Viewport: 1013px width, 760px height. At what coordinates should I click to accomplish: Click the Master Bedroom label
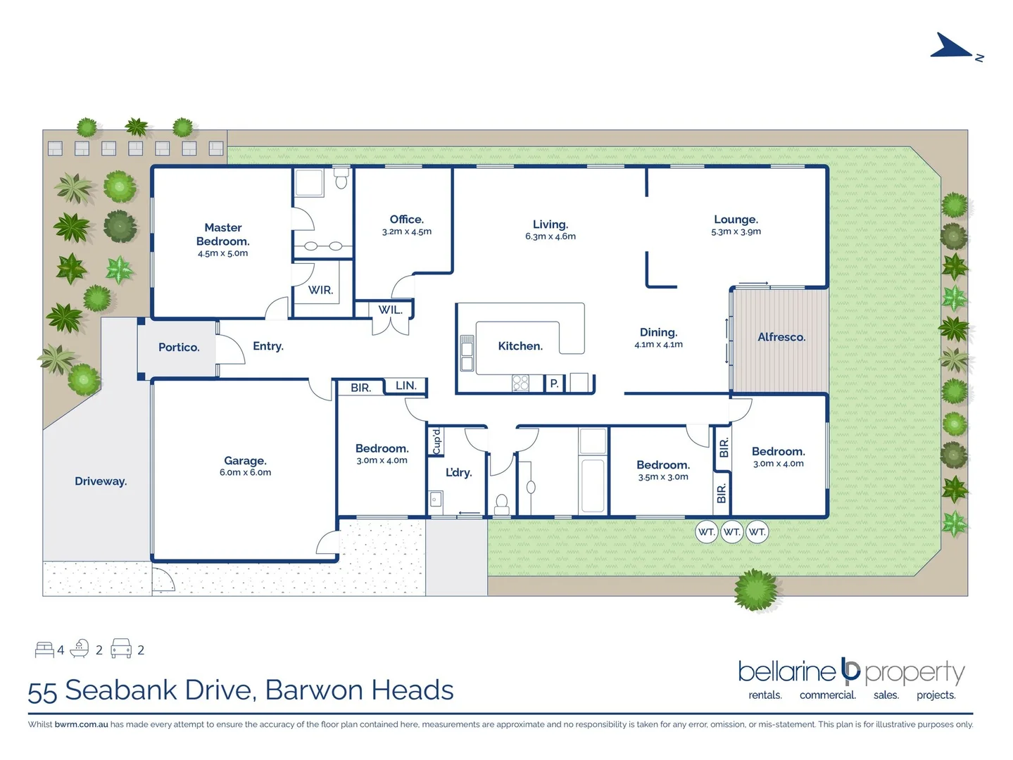coord(222,234)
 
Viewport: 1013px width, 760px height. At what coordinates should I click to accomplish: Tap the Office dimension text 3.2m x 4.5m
coord(406,232)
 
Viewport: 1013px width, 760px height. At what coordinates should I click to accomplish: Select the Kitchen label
coord(520,346)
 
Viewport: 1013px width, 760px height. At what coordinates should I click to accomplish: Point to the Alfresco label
coord(781,337)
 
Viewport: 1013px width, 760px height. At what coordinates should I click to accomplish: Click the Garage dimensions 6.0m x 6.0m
coord(245,473)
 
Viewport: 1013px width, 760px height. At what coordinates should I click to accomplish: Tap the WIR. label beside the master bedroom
coord(320,290)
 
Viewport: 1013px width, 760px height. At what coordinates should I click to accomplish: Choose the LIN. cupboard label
coord(405,386)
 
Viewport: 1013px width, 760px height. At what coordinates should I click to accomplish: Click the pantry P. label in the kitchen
coord(554,384)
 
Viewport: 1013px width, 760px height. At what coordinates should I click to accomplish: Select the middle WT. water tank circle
coord(731,532)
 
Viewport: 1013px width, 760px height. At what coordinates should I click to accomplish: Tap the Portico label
coord(179,347)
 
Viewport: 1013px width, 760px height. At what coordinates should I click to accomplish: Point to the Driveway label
coord(101,481)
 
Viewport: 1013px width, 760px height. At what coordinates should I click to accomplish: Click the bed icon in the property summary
coord(44,649)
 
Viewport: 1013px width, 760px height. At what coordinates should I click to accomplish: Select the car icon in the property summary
coord(121,648)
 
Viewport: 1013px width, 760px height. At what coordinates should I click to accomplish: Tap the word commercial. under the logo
coord(827,695)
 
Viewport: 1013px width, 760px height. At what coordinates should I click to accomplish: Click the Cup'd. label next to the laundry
coord(436,440)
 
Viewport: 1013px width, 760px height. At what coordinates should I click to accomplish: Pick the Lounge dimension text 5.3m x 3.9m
coord(736,232)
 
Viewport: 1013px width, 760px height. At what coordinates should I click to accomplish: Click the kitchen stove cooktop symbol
coord(520,383)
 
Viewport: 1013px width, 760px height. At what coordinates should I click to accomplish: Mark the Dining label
coord(658,332)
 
